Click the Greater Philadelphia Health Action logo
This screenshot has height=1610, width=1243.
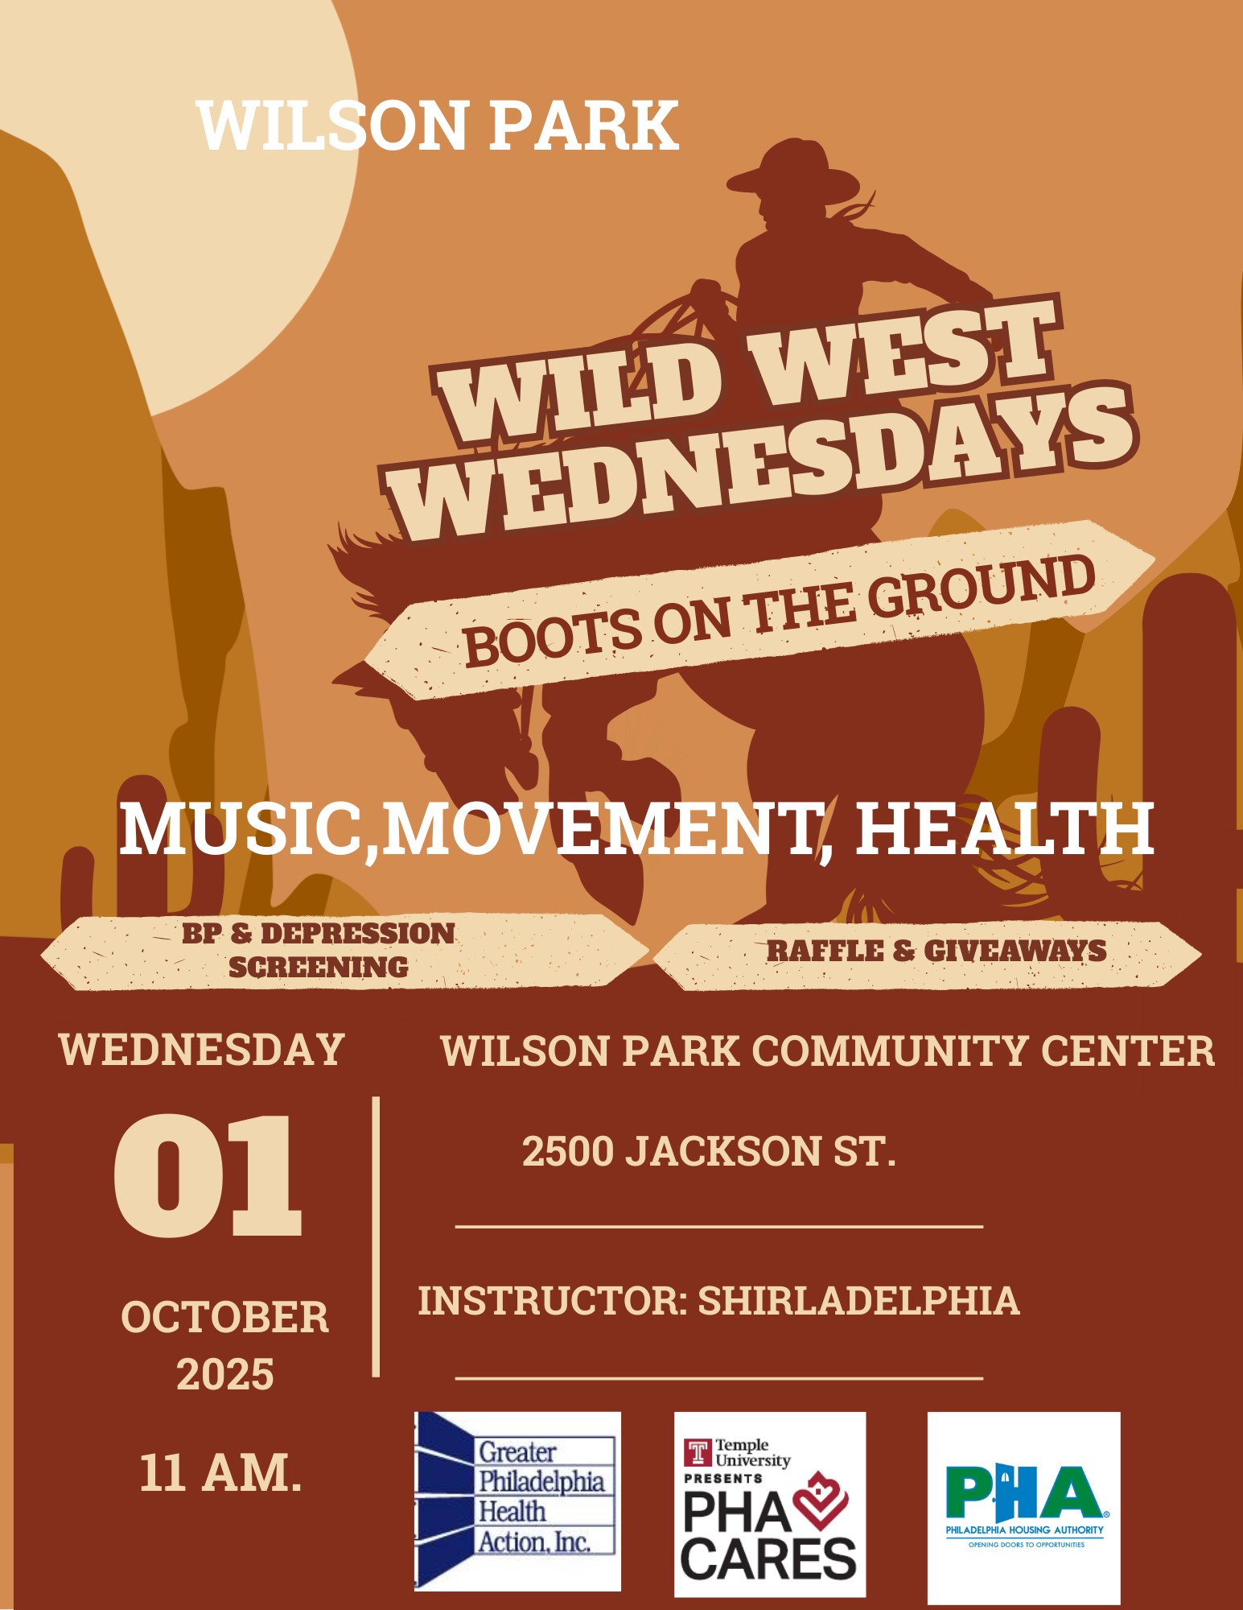(517, 1501)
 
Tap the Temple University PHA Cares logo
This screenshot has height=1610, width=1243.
(770, 1504)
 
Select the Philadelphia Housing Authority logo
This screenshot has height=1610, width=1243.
(1024, 1507)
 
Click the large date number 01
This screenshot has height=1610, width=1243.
(208, 1175)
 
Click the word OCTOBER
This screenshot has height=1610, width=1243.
(225, 1318)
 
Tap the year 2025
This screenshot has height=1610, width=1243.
(225, 1374)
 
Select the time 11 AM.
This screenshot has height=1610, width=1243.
(221, 1473)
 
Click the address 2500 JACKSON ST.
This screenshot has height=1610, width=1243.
(709, 1151)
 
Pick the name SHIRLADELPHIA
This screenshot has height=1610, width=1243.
(858, 1301)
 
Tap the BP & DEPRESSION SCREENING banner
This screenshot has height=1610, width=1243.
(344, 952)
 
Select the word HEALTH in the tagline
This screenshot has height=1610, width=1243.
(1004, 828)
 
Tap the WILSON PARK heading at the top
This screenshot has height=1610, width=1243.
(438, 126)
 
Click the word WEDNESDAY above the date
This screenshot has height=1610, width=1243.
(201, 1050)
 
